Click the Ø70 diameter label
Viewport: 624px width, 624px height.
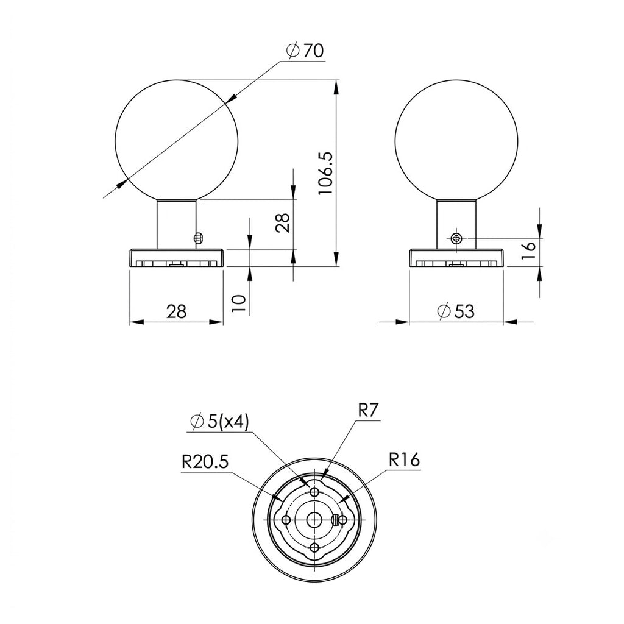305,51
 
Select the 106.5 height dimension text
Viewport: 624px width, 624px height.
325,174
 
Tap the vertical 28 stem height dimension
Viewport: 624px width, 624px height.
282,223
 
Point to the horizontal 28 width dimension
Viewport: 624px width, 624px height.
176,311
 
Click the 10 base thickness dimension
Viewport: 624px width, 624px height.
239,304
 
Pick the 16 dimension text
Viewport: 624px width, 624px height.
528,250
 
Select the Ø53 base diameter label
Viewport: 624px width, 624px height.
455,311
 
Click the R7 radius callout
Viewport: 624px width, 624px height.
367,410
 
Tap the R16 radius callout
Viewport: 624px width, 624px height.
405,460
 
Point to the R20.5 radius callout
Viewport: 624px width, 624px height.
205,462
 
